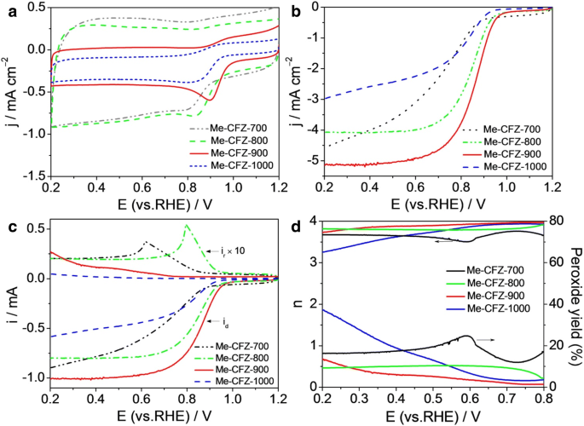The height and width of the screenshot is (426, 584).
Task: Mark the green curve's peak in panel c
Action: (187, 226)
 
